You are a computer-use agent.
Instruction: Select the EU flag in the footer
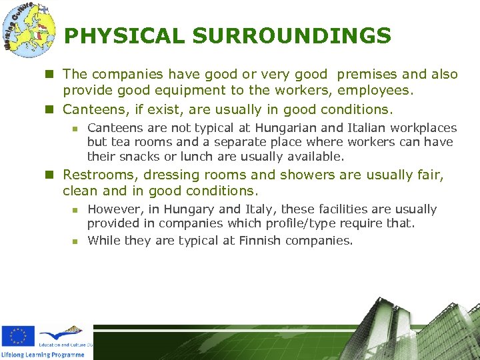tap(18, 337)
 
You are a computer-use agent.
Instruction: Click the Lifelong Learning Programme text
tap(43, 355)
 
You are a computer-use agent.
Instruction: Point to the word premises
tap(365, 75)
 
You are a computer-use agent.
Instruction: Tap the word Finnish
tap(254, 241)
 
